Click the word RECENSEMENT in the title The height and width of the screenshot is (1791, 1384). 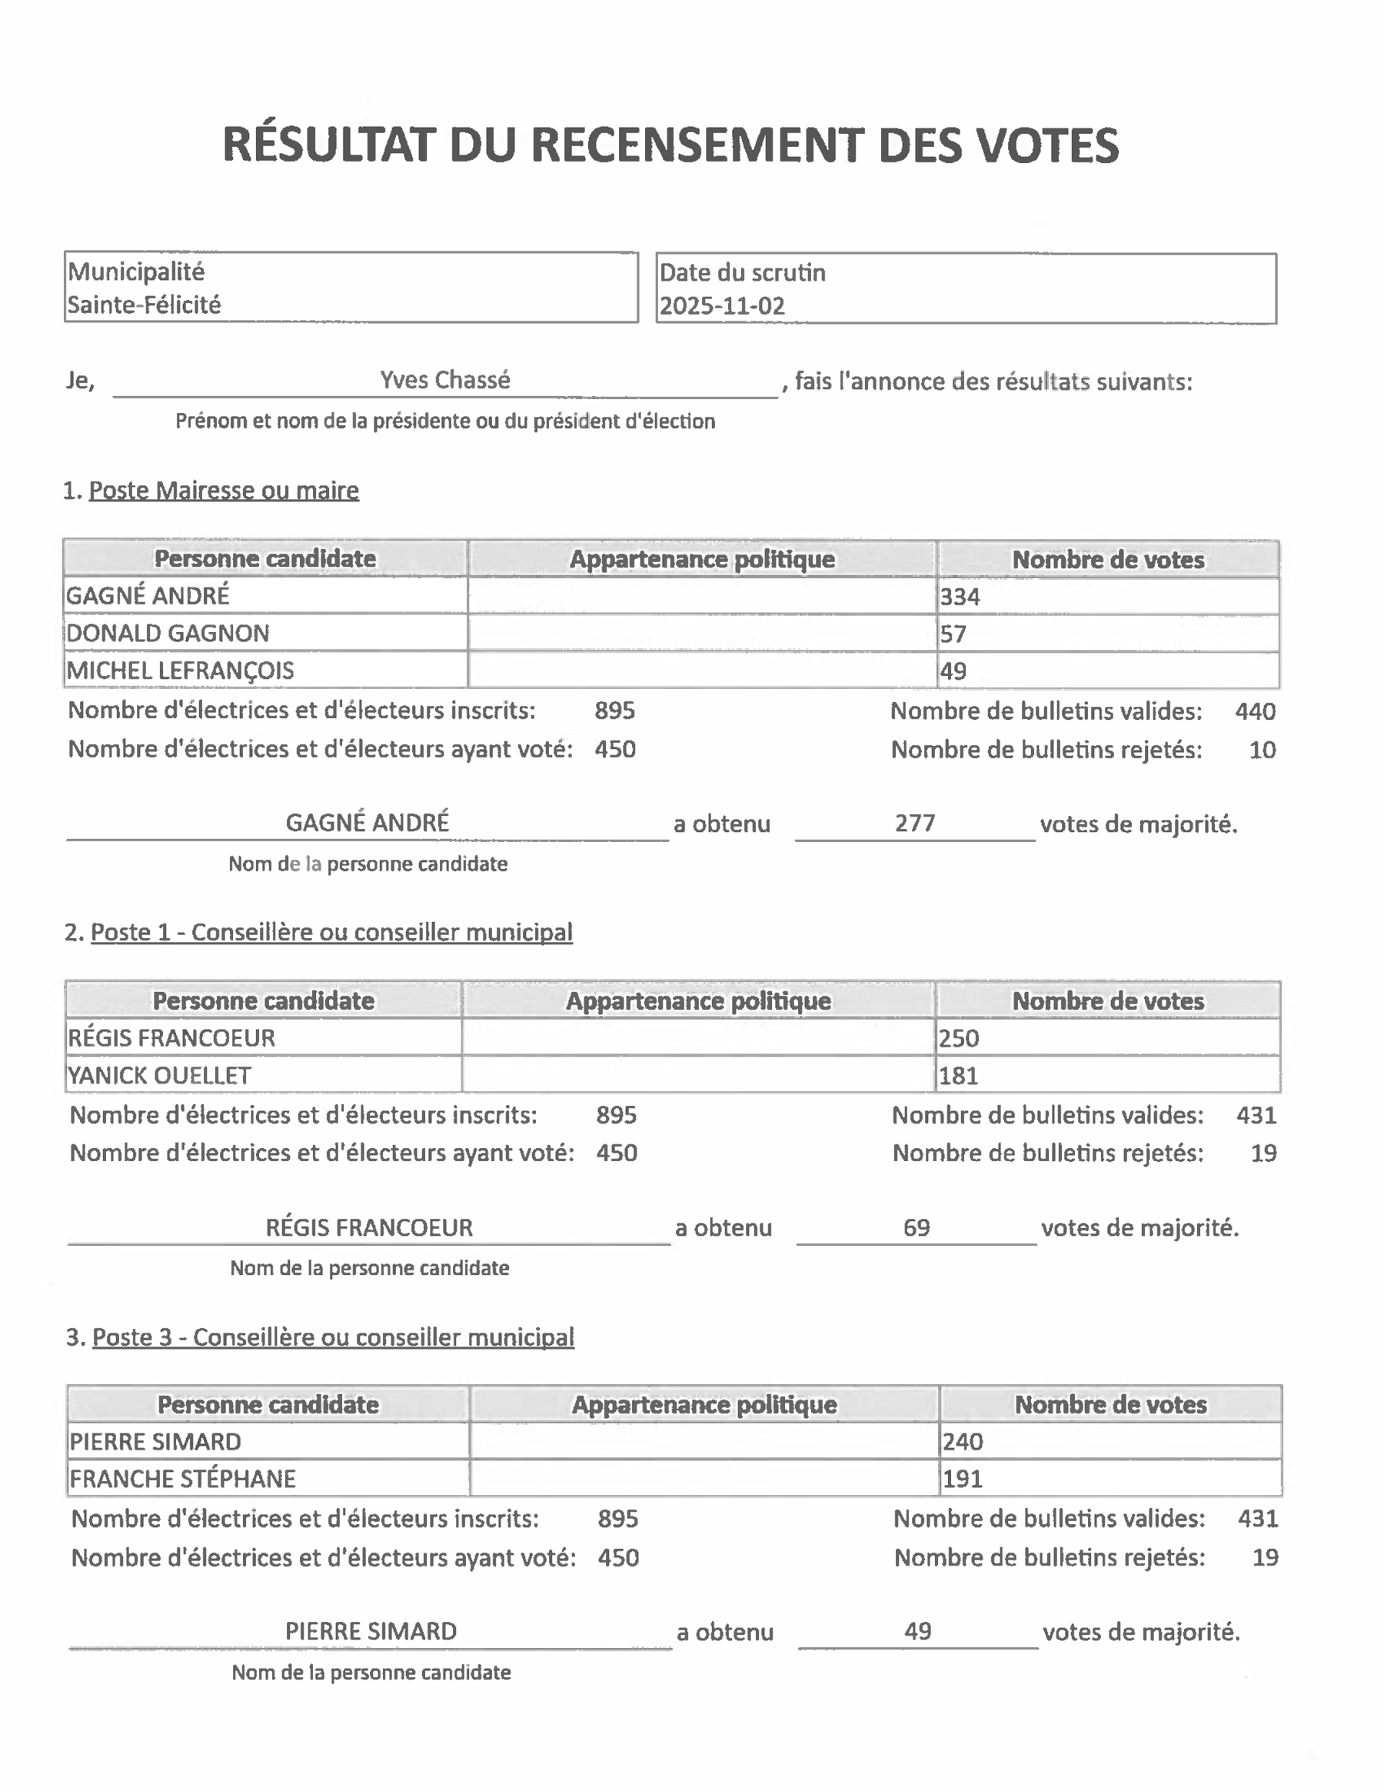coord(696,146)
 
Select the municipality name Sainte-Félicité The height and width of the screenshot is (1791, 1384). coord(145,305)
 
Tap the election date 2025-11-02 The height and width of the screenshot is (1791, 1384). coord(722,306)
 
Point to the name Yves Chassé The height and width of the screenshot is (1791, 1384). coord(444,380)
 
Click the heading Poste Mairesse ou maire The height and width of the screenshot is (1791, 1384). coord(223,491)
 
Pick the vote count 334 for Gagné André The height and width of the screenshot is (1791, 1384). coord(960,597)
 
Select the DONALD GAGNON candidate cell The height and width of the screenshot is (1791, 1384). coord(168,633)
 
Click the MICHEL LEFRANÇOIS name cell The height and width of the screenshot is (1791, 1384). coord(181,671)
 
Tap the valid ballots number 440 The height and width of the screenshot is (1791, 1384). coord(1256,711)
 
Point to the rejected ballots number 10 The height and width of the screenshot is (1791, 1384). coord(1263,750)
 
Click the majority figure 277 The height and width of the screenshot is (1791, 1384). coord(915,823)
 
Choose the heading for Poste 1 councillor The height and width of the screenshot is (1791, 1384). coord(331,932)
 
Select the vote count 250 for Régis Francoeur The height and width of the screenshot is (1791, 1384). coord(960,1038)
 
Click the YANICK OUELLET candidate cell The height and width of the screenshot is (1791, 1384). coord(160,1075)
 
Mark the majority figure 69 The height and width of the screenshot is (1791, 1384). coord(917,1227)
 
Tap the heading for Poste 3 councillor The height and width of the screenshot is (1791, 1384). coord(333,1337)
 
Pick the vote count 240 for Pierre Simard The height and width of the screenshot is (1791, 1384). coord(963,1442)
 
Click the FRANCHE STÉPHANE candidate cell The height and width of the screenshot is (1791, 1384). coord(183,1479)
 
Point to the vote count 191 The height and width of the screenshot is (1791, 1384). coord(963,1480)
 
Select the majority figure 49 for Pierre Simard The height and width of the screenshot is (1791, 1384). coord(917,1631)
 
